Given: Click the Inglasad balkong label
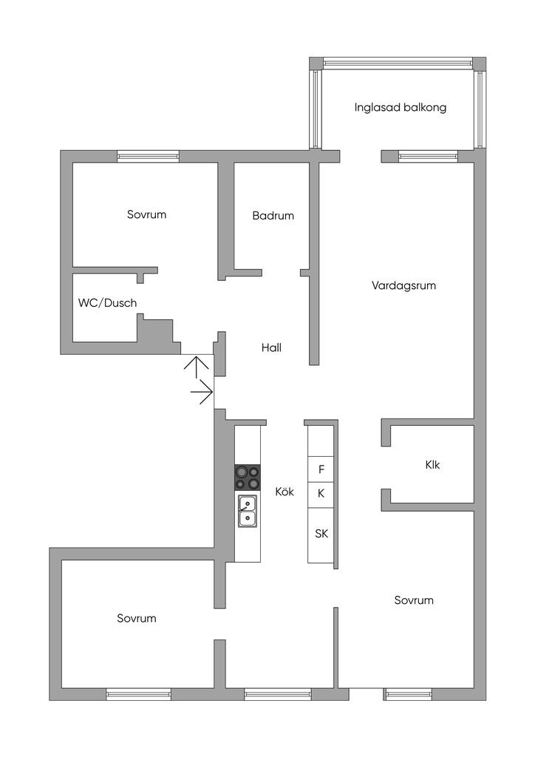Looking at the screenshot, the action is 400,107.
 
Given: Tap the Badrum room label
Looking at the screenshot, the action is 273,216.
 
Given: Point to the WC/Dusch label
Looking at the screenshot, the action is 108,303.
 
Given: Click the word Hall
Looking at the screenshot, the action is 271,347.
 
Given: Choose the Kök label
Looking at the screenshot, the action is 284,492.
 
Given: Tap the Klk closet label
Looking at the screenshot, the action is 432,466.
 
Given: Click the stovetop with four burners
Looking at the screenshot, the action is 248,477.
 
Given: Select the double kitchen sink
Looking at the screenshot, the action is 248,511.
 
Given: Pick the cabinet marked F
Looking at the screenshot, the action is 321,469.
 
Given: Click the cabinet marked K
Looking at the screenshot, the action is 321,493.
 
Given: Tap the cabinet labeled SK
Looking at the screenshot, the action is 321,534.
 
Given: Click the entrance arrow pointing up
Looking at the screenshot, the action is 196,366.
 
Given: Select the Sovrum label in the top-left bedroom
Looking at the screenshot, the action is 146,215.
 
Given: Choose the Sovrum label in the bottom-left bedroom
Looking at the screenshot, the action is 137,618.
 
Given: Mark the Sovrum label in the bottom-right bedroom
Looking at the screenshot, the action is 414,600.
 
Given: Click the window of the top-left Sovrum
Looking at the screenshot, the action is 148,157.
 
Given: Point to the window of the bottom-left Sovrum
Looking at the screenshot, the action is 138,694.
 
